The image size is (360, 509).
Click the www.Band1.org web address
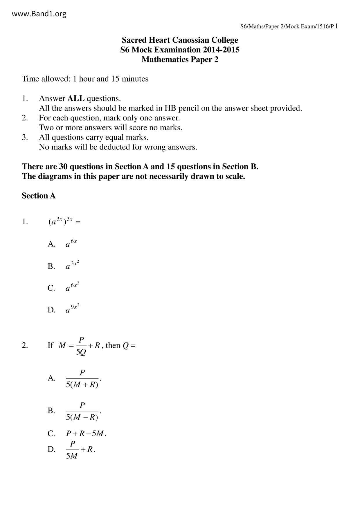pyautogui.click(x=39, y=14)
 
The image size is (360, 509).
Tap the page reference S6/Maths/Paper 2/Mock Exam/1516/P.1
pyautogui.click(x=289, y=27)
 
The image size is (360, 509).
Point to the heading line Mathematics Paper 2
pyautogui.click(x=180, y=59)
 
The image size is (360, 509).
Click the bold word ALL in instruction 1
pyautogui.click(x=76, y=98)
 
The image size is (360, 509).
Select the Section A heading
pyautogui.click(x=39, y=196)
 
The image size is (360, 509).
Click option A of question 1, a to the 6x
pyautogui.click(x=71, y=243)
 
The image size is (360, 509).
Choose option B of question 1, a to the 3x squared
pyautogui.click(x=72, y=265)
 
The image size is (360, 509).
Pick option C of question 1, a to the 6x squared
pyautogui.click(x=72, y=287)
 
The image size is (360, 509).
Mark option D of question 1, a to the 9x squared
pyautogui.click(x=72, y=309)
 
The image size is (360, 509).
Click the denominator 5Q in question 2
pyautogui.click(x=81, y=352)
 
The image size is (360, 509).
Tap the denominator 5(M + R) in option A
pyautogui.click(x=82, y=385)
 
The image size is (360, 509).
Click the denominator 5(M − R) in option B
pyautogui.click(x=82, y=417)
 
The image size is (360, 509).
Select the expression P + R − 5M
pyautogui.click(x=85, y=434)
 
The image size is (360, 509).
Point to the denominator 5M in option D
pyautogui.click(x=72, y=456)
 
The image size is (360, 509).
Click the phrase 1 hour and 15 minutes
pyautogui.click(x=110, y=79)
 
